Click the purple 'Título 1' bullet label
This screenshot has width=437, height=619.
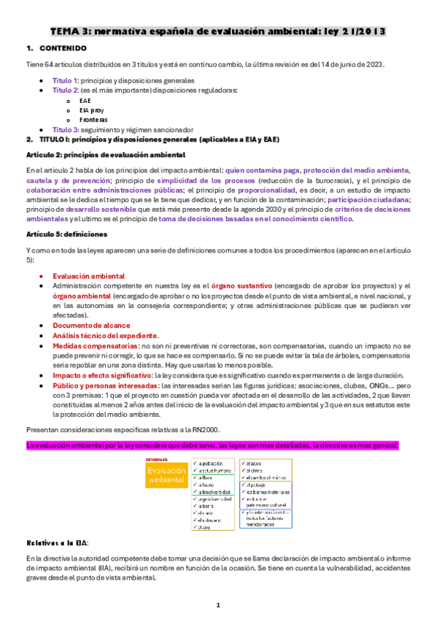(64, 80)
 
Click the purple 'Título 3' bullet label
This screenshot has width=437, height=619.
(64, 129)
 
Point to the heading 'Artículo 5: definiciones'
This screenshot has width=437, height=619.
(66, 234)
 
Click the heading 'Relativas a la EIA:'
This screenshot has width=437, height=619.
(58, 542)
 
